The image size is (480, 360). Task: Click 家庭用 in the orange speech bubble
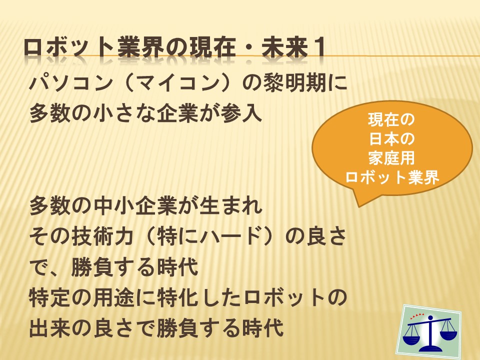click(391, 158)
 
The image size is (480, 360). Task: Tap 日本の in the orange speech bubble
click(391, 138)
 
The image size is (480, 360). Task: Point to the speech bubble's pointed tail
click(358, 205)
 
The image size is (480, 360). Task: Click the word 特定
click(50, 297)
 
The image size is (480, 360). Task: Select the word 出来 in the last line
click(50, 328)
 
